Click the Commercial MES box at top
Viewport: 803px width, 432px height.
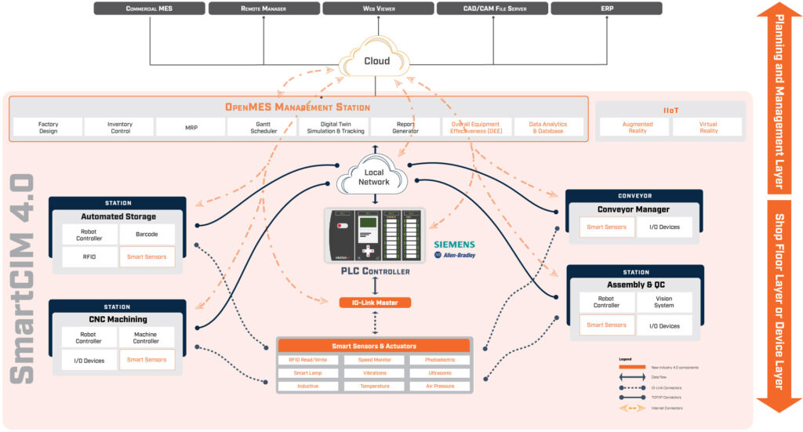[149, 9]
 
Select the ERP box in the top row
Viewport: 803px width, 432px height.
[606, 9]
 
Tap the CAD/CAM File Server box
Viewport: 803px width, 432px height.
[492, 9]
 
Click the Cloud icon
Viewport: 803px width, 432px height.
[376, 61]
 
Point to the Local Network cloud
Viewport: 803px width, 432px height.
[374, 176]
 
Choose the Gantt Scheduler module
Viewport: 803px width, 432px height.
[262, 128]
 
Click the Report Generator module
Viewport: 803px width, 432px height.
[405, 128]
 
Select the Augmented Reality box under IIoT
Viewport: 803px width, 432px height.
[637, 128]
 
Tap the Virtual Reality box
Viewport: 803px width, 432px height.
[708, 128]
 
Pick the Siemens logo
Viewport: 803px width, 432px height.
[454, 245]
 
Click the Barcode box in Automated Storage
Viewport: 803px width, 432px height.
[147, 233]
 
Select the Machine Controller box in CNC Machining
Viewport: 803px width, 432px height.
[147, 337]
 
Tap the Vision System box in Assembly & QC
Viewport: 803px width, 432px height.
[664, 302]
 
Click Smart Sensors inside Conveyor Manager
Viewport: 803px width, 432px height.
[607, 227]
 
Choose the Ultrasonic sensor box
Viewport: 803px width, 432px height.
[440, 373]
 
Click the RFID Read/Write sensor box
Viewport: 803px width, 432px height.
[308, 360]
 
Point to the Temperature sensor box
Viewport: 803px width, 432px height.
[374, 387]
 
